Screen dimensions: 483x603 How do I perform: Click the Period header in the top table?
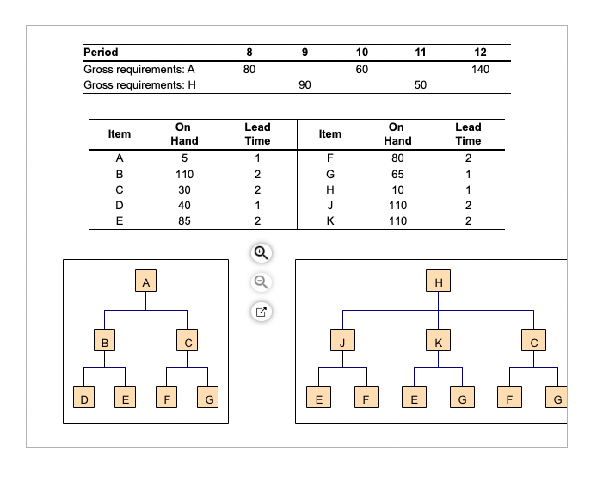click(101, 53)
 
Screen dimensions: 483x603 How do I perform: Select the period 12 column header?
click(480, 53)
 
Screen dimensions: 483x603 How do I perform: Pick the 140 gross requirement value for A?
click(480, 69)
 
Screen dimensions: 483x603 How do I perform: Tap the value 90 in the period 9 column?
click(305, 84)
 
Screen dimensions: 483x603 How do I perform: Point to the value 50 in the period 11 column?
click(420, 84)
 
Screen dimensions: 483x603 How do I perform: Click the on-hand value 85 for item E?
click(184, 220)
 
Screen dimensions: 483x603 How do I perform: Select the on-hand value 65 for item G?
click(397, 173)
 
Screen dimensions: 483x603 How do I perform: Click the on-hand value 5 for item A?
click(184, 158)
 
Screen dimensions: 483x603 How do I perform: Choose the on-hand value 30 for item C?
click(184, 189)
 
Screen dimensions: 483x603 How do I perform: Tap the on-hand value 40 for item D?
click(184, 205)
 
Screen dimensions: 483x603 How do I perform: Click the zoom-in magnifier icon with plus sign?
click(262, 253)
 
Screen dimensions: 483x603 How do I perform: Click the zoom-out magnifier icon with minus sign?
click(262, 282)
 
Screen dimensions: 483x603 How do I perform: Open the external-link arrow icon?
click(262, 311)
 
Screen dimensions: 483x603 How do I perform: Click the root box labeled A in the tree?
click(146, 282)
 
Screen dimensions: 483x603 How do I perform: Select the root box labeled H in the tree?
click(439, 282)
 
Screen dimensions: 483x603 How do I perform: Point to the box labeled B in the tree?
click(104, 342)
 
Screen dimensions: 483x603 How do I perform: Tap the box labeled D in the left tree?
click(83, 399)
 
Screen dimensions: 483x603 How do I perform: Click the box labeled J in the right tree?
click(342, 342)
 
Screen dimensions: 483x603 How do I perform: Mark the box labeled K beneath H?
click(439, 342)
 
